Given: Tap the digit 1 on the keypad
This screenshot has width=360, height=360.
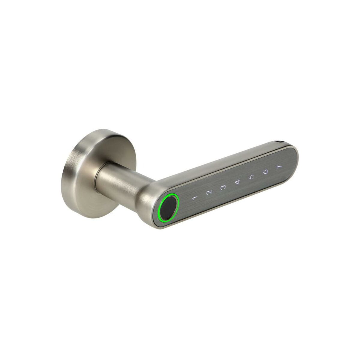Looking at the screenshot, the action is coord(194,198).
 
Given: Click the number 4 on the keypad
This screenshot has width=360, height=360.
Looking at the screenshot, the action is coord(237,182).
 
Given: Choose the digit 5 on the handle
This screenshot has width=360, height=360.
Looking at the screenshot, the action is coord(251,177).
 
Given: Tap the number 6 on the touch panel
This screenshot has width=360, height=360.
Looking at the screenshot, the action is coord(265,171).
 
